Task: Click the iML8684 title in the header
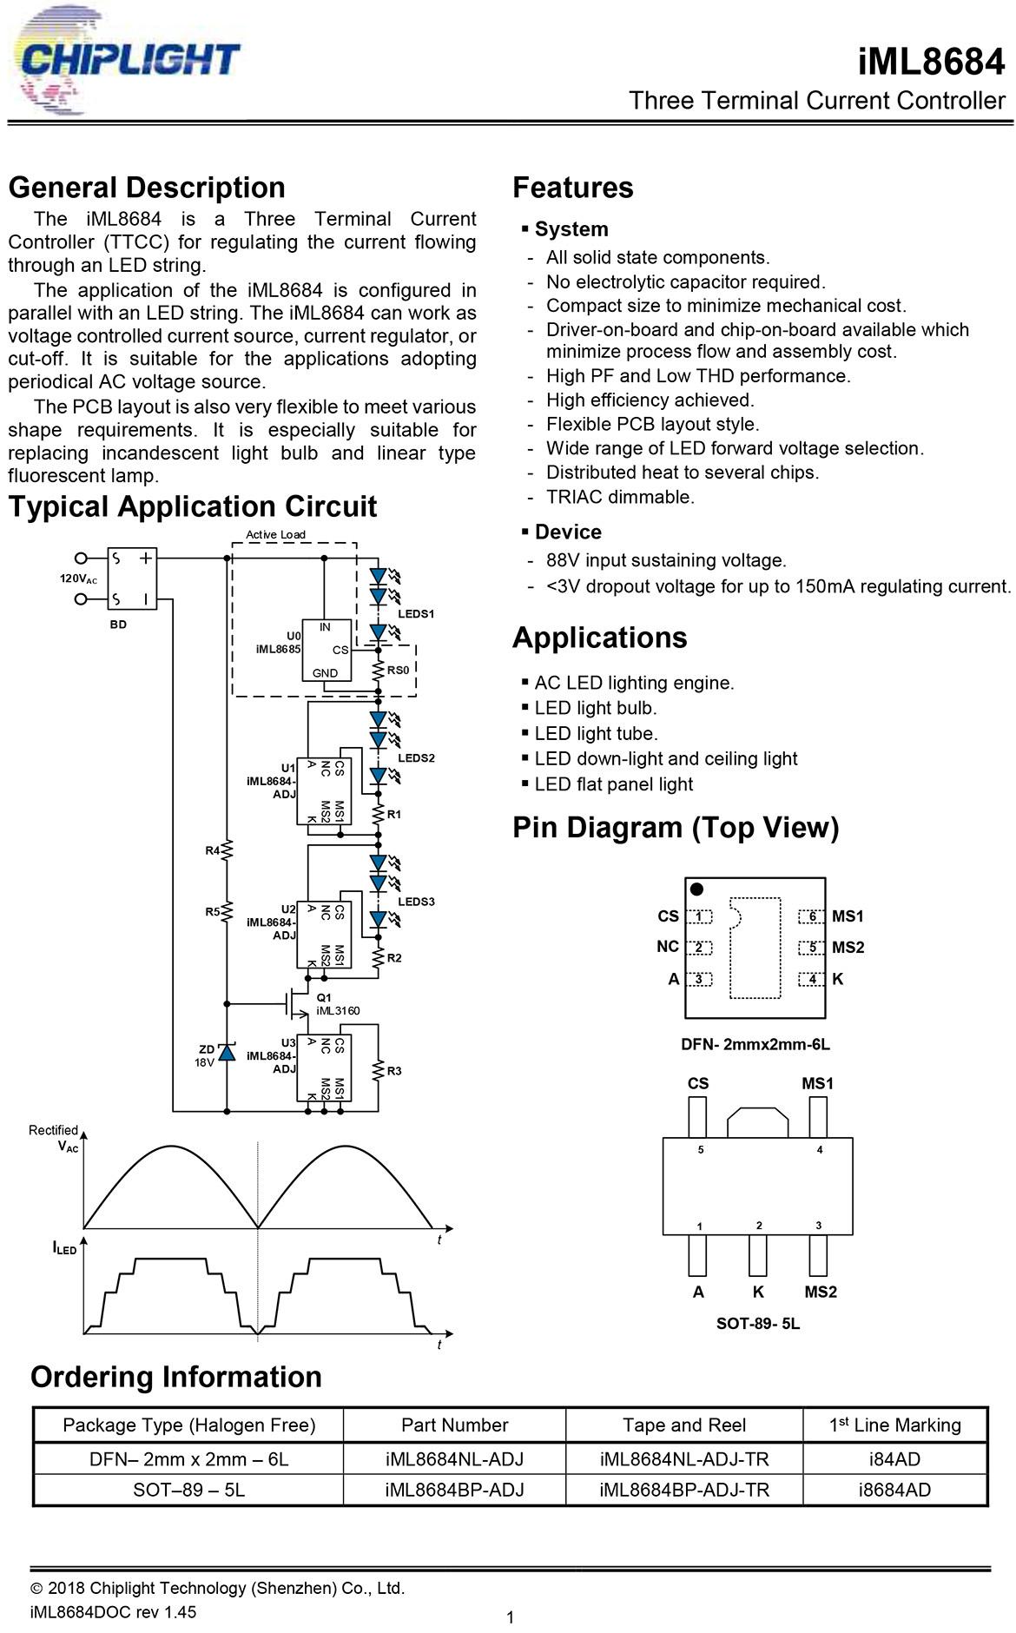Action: tap(931, 62)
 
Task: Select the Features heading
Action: tap(573, 188)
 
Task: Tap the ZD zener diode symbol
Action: tap(227, 1053)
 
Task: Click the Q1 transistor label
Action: tap(324, 997)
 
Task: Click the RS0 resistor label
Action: tap(398, 671)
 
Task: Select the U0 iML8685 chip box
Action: tap(327, 651)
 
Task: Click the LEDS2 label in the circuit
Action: tap(416, 757)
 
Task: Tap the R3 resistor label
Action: tap(394, 1071)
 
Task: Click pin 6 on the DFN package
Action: tap(812, 916)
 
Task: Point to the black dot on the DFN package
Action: tap(696, 889)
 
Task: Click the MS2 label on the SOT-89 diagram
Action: tap(821, 1292)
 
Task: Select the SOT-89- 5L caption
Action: tap(758, 1324)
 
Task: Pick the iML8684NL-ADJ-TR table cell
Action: tap(684, 1458)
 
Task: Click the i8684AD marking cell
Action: tap(894, 1490)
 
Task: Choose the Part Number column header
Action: tap(454, 1425)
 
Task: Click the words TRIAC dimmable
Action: tap(620, 497)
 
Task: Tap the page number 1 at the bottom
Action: tap(510, 1617)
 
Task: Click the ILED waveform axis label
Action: tap(64, 1248)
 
